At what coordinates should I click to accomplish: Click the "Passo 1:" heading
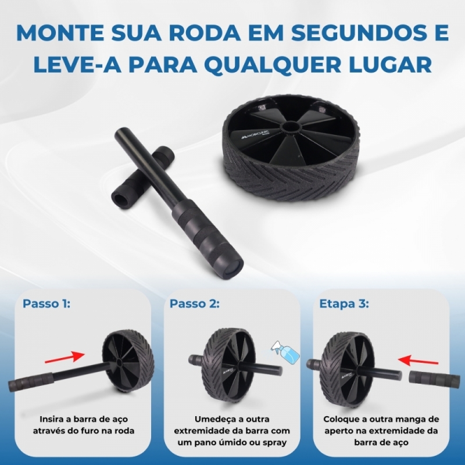click(46, 304)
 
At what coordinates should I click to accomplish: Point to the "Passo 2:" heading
click(195, 304)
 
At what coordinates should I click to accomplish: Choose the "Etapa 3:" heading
click(344, 304)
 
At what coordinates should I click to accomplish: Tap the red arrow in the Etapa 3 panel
click(418, 361)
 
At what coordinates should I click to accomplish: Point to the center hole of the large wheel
click(292, 127)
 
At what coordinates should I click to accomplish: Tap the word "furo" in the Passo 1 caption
click(95, 431)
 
